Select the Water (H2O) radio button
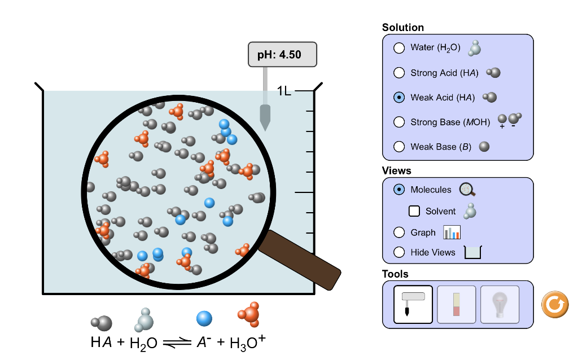399,48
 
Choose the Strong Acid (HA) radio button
399,73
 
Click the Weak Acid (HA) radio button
399,98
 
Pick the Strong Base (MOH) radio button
399,122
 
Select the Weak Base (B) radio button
399,147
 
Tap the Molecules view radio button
399,190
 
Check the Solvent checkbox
414,211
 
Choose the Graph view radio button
399,232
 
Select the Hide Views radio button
399,252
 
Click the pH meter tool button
413,304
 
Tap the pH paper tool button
456,304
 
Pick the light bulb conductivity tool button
500,304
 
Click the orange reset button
554,304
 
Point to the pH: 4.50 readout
282,55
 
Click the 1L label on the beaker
284,91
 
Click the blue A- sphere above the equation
204,318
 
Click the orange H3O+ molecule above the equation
249,314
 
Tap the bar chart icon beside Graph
452,232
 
